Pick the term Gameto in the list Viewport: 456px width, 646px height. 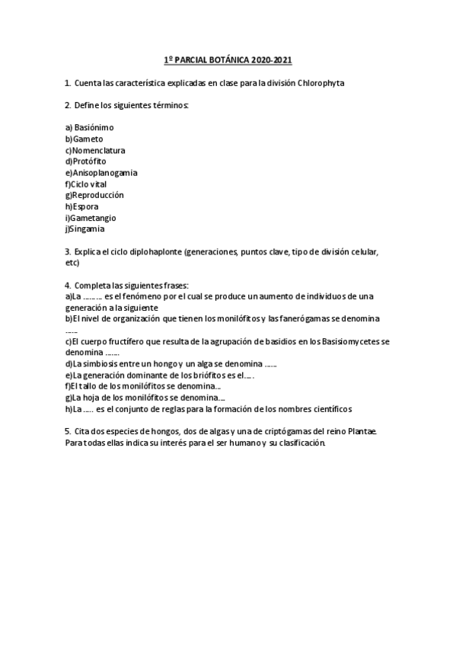(x=88, y=139)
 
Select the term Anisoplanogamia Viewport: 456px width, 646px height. (x=104, y=173)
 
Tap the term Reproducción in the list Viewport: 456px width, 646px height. (x=97, y=195)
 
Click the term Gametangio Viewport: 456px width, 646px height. (x=93, y=218)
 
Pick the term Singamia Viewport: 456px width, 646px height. (x=88, y=229)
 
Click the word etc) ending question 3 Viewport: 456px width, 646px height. (x=72, y=263)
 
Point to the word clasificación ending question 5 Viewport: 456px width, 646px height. (x=298, y=443)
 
